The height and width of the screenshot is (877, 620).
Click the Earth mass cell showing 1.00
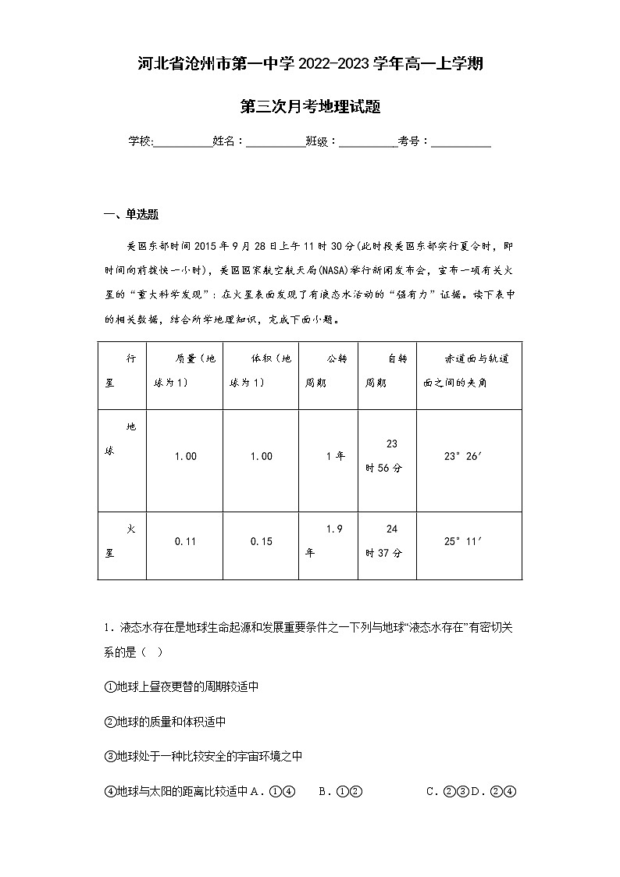[x=185, y=456]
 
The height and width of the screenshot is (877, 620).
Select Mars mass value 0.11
[x=185, y=541]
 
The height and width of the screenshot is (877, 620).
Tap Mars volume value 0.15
[x=261, y=541]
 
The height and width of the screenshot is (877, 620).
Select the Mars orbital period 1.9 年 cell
[x=328, y=541]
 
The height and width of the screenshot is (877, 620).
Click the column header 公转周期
[x=328, y=371]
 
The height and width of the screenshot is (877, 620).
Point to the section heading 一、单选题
[x=131, y=216]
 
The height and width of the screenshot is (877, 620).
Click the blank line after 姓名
[x=276, y=141]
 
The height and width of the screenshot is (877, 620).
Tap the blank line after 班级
[x=368, y=141]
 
